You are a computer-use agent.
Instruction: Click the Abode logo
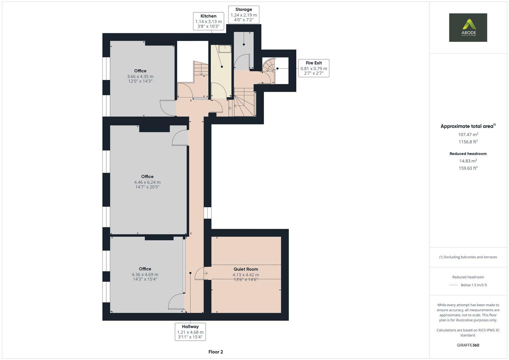pos(468,27)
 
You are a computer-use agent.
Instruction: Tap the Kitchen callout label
pos(208,21)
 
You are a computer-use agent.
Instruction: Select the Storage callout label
pos(243,15)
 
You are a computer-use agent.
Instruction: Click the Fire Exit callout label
pos(313,68)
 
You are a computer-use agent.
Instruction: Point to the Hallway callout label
pos(190,332)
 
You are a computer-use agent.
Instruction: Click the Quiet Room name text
pos(246,269)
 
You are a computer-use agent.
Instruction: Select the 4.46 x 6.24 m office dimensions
pos(147,182)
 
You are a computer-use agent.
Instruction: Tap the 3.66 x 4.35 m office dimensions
pos(140,76)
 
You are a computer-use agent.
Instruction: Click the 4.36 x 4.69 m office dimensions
pos(145,275)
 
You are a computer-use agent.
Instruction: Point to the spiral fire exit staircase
pos(269,66)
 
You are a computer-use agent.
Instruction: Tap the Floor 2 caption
pos(215,352)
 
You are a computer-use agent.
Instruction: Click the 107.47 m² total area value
pos(468,134)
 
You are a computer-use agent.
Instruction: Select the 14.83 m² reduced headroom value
pos(468,161)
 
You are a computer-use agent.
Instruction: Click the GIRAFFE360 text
pos(468,345)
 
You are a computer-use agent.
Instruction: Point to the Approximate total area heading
pos(468,126)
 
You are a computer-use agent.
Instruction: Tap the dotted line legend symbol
pos(453,285)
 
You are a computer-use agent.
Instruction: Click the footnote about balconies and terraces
pos(468,257)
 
